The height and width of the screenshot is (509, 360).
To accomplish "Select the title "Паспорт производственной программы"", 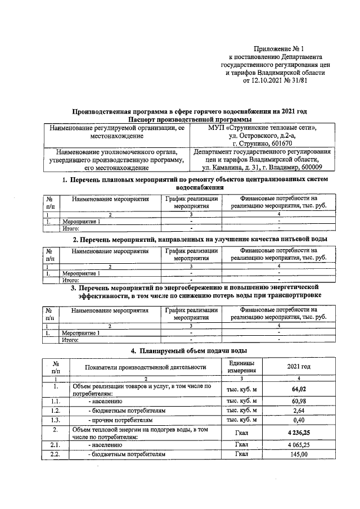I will pos(189,120).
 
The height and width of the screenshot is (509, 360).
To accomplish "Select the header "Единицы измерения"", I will pos(241,367).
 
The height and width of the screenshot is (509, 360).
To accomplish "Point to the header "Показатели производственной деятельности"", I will pos(145,367).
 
